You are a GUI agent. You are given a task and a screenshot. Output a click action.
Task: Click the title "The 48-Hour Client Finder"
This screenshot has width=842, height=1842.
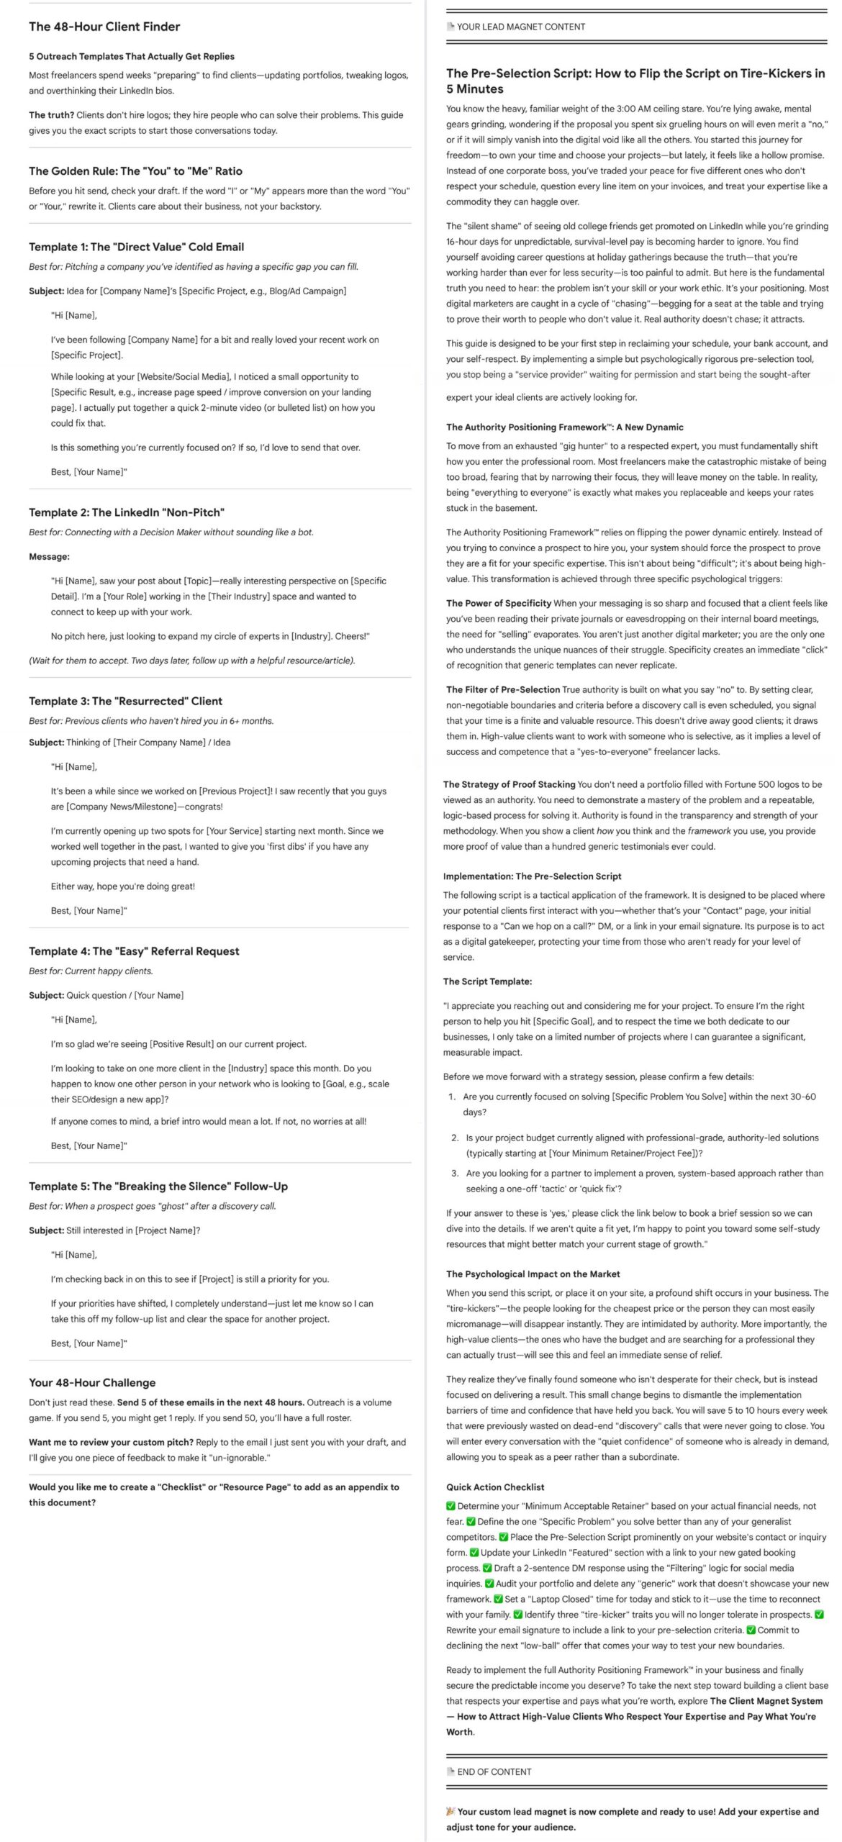pos(104,27)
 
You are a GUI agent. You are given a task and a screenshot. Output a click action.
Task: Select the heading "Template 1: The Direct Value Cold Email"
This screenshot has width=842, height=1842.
pos(136,247)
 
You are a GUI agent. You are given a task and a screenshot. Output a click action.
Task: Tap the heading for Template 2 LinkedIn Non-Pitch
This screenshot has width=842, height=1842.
pos(127,512)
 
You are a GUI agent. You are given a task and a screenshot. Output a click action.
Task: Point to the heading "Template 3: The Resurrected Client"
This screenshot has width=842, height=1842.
pos(125,701)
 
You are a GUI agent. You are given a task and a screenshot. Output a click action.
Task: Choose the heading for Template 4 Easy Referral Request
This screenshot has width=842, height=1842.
pos(134,951)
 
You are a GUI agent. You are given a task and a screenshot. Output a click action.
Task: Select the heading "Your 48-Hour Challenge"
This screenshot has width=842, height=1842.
pos(92,1382)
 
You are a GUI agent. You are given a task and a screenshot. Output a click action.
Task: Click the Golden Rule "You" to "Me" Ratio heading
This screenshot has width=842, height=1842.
pos(135,171)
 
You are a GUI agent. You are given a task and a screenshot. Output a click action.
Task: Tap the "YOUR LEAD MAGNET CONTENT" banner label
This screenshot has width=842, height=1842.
pos(521,27)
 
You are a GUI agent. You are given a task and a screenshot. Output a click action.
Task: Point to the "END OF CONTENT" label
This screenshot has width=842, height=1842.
pos(494,1771)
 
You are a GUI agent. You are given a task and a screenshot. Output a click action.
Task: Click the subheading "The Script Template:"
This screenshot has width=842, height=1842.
pos(487,981)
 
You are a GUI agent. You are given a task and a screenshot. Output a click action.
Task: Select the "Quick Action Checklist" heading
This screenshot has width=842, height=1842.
pos(495,1487)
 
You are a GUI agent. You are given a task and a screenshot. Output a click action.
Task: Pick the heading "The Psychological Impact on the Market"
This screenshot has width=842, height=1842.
pos(533,1274)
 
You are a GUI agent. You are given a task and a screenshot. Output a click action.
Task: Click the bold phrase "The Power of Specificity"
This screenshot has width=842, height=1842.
pos(499,603)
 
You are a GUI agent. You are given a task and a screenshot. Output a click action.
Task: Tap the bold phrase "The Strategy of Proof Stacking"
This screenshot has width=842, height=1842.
pos(509,784)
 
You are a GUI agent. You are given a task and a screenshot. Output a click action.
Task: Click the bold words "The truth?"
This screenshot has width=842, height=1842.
pos(51,115)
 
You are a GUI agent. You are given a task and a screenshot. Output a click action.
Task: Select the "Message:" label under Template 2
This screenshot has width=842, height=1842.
pos(49,556)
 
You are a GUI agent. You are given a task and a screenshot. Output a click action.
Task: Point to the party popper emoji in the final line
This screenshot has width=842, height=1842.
pos(451,1811)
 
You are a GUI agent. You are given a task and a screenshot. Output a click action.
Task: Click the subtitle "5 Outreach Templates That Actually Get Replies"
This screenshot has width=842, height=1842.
pos(132,56)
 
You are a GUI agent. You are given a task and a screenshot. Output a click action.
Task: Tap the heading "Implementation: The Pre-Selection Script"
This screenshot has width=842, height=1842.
pos(532,876)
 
